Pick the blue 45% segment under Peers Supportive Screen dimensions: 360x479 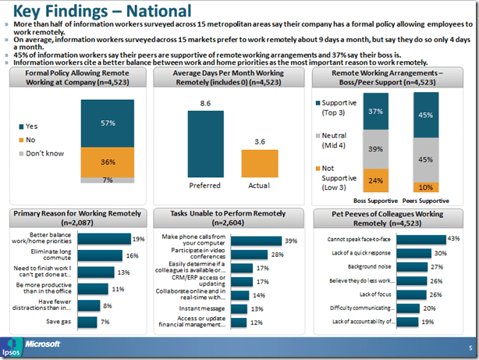[x=426, y=115]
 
